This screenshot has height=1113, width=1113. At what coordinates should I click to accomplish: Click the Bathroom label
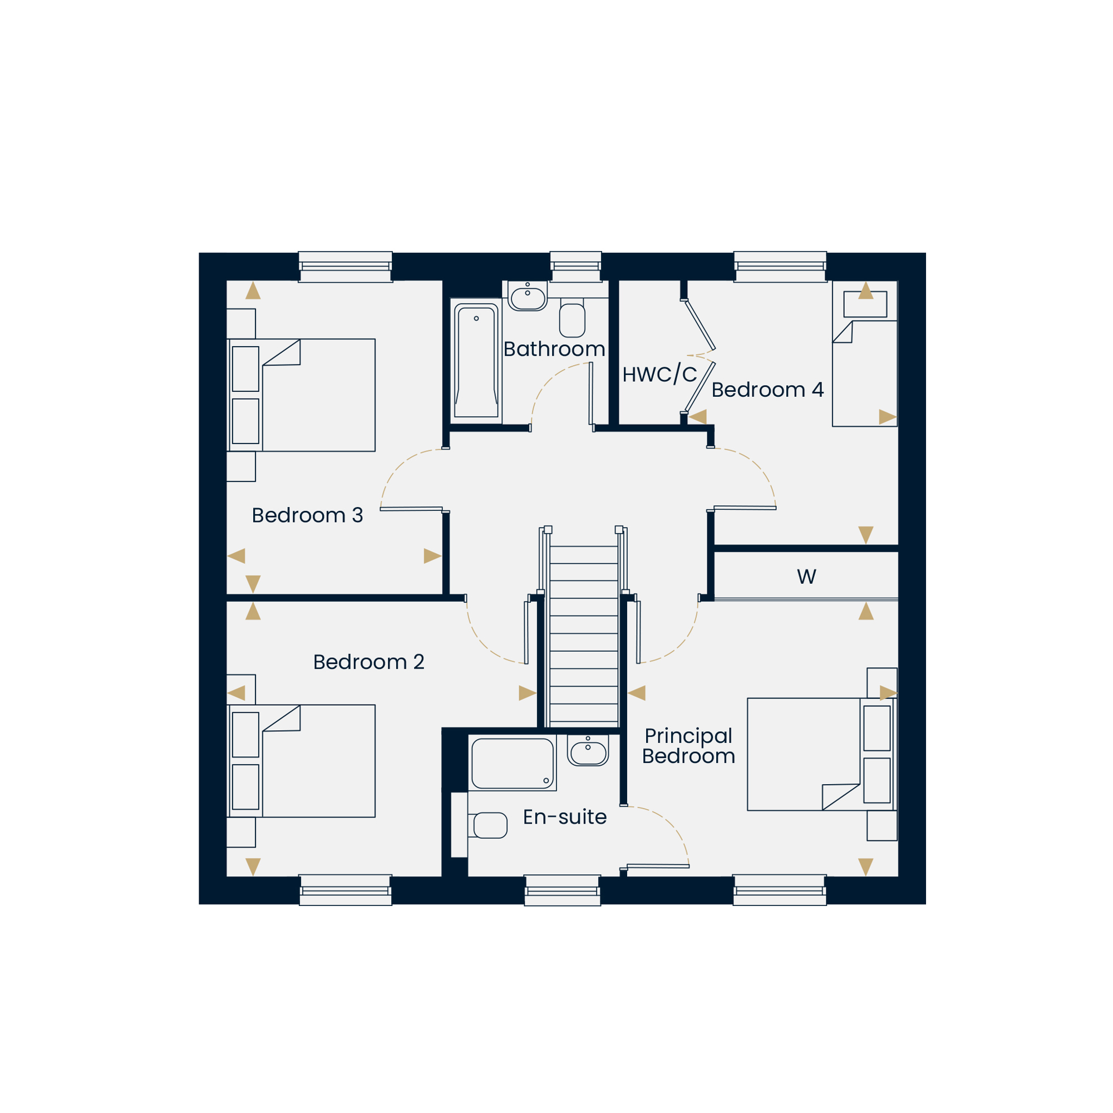[x=554, y=349]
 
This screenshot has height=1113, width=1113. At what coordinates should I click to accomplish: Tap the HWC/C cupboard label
[x=659, y=375]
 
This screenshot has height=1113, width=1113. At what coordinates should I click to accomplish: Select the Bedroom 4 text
[x=767, y=390]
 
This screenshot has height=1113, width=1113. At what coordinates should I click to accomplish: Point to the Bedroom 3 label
[x=307, y=515]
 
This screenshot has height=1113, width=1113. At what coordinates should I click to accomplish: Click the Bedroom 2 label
[x=369, y=662]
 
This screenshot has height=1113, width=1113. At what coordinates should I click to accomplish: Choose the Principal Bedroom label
[x=688, y=746]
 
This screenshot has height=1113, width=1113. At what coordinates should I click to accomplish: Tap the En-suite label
[x=564, y=817]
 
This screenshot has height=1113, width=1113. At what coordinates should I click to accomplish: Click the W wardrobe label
[x=806, y=577]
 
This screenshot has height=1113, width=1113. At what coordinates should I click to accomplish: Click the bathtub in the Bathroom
[x=476, y=361]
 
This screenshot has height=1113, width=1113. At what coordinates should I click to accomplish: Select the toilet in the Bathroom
[x=572, y=317]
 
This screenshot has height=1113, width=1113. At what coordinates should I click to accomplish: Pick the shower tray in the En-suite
[x=512, y=763]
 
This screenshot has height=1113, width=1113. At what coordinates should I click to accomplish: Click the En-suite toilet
[x=487, y=825]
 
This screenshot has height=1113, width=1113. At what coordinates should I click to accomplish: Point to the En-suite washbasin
[x=588, y=750]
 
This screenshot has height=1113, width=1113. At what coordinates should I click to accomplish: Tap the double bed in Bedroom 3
[x=301, y=395]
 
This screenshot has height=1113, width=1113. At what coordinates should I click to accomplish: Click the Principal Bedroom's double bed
[x=822, y=754]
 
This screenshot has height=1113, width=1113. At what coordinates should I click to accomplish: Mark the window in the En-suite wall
[x=562, y=890]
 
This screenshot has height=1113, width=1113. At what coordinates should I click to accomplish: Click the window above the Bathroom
[x=575, y=267]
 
